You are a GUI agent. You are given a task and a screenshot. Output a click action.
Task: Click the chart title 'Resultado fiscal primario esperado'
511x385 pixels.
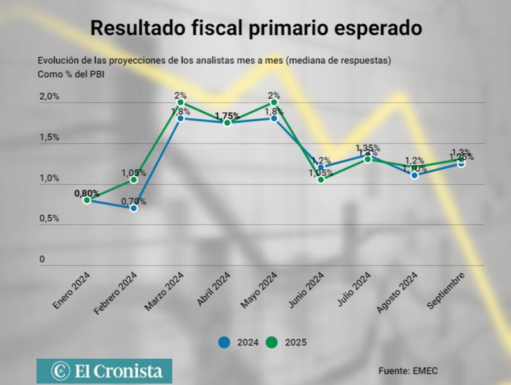click(x=256, y=28)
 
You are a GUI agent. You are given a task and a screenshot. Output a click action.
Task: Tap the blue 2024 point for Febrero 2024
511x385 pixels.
click(x=133, y=208)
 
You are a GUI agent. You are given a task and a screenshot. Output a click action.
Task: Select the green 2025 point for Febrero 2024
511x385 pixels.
click(x=133, y=179)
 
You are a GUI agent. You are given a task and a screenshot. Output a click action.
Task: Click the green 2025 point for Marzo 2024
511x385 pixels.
click(x=181, y=102)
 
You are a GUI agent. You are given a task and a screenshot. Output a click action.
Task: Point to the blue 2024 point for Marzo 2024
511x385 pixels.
click(x=181, y=118)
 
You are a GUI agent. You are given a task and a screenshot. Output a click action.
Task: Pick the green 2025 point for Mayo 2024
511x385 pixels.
click(x=274, y=102)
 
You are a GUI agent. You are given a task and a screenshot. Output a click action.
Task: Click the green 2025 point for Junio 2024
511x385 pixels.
click(x=321, y=179)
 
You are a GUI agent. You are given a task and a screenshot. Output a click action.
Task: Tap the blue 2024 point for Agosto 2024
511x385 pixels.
click(x=415, y=175)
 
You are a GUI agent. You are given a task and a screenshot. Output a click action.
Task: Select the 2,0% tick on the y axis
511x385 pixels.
click(x=49, y=96)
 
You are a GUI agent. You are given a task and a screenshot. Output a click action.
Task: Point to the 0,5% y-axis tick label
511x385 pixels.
click(x=49, y=218)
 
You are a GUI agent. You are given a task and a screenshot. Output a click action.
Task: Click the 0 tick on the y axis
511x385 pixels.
click(x=42, y=259)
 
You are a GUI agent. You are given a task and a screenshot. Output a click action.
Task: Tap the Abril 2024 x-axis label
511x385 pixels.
click(x=213, y=291)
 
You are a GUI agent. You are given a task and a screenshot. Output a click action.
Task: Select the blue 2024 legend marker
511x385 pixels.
click(x=224, y=342)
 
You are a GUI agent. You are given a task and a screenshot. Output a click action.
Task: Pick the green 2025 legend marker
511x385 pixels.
click(x=272, y=342)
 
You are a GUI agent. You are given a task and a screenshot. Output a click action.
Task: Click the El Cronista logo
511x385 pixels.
click(x=103, y=371)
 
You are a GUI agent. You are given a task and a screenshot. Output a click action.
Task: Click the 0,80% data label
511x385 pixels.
click(x=86, y=193)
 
